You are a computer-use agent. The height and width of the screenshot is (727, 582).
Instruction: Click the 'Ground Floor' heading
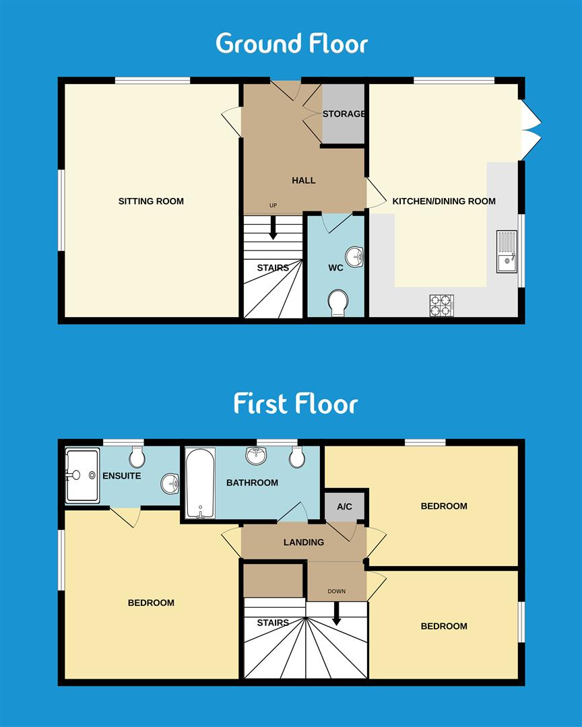[291, 44]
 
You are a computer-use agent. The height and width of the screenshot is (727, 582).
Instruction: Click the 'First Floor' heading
[295, 404]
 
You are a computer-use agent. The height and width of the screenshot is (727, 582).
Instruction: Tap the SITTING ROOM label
[151, 201]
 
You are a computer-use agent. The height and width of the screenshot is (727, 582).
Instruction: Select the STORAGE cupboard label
[343, 114]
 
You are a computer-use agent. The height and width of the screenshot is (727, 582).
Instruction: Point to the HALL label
[303, 180]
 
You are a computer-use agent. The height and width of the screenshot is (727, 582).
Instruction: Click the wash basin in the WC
[354, 256]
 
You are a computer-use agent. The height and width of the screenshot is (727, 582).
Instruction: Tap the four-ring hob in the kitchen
[442, 305]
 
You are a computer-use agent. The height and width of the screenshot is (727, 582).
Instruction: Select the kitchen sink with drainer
[507, 251]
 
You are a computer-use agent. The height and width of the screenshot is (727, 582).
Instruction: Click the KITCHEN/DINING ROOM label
[444, 201]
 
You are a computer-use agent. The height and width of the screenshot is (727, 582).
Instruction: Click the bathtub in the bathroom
[200, 483]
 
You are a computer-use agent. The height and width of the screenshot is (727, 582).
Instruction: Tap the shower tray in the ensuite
[82, 475]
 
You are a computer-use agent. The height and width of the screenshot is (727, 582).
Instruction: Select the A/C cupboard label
[344, 506]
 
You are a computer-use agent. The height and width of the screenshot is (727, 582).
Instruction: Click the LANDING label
[303, 542]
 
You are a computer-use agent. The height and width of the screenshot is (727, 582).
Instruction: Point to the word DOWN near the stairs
[336, 592]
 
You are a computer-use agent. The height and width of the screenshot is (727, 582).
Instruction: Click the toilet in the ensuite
[137, 458]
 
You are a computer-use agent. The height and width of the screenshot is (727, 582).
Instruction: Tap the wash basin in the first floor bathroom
[257, 456]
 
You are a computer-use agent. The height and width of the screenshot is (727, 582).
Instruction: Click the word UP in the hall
[273, 205]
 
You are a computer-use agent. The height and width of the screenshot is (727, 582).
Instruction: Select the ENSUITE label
[122, 476]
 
